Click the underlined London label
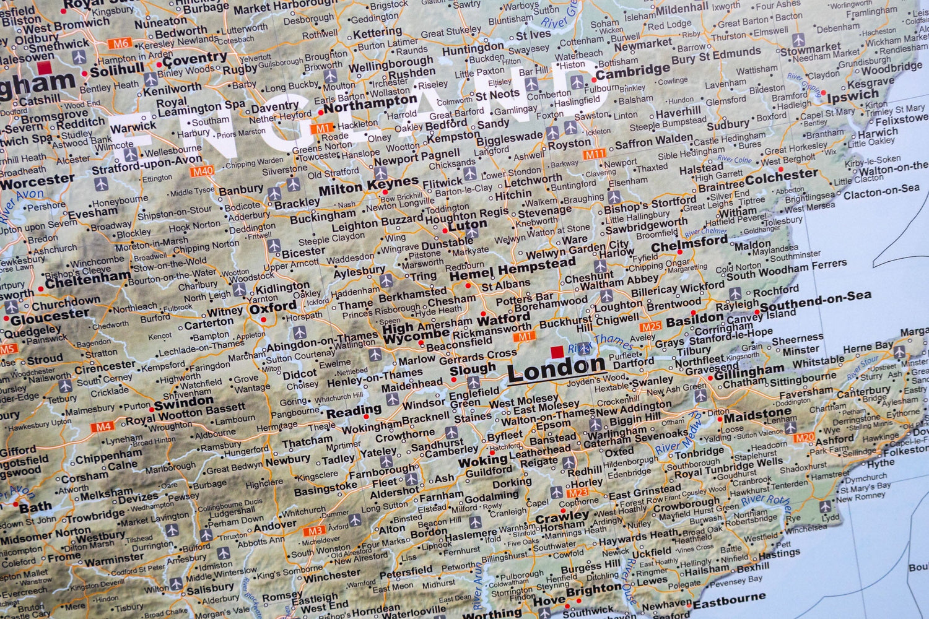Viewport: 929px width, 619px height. pos(556,370)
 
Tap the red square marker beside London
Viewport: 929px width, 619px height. pos(557,352)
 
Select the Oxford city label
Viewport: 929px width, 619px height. pos(273,307)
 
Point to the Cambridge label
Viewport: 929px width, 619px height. pos(633,71)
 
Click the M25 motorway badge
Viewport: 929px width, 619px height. pos(651,326)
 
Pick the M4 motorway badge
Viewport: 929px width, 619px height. pos(102,426)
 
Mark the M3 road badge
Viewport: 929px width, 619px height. pos(315,530)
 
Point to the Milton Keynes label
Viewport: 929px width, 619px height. pos(369,186)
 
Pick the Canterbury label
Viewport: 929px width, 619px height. pos(864,392)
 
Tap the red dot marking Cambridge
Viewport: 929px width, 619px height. pos(594,79)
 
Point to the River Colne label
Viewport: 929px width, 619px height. pos(735,160)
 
